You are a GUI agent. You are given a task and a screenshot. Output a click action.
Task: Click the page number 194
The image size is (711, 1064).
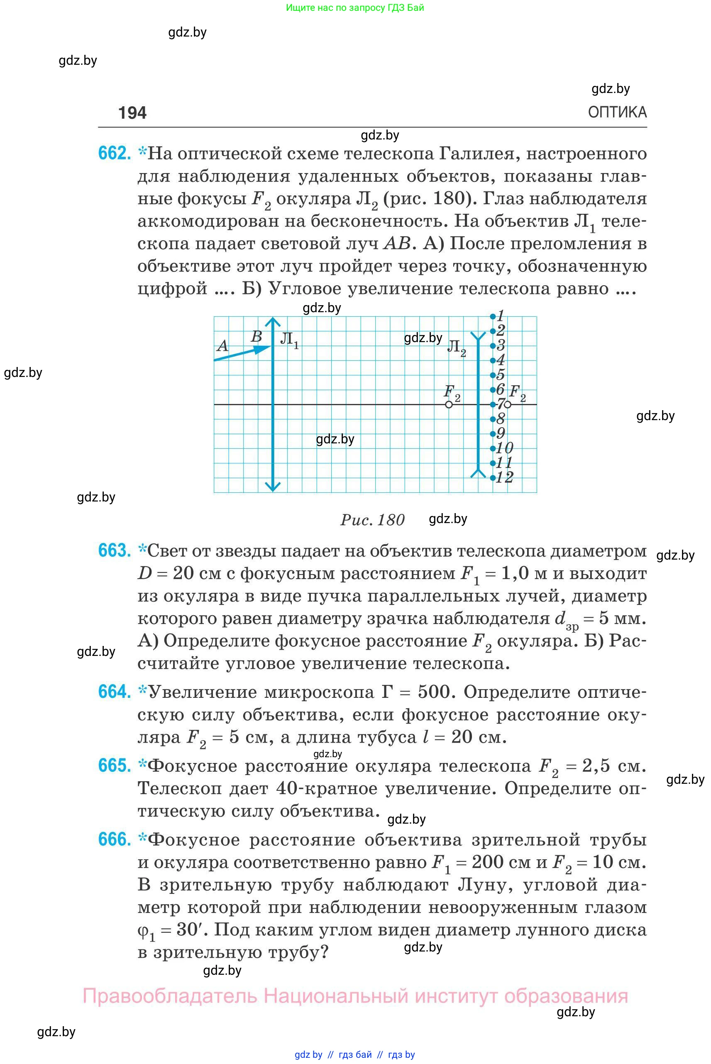(x=132, y=113)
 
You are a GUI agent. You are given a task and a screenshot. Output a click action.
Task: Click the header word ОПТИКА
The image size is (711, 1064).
(x=617, y=112)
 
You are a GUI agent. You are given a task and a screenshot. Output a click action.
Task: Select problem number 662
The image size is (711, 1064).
(x=114, y=153)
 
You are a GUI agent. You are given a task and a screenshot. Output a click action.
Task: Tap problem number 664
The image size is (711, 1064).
(x=114, y=692)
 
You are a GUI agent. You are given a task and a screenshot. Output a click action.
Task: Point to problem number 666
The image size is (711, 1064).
(x=114, y=839)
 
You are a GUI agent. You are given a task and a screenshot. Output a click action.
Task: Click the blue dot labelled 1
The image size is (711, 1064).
(x=493, y=317)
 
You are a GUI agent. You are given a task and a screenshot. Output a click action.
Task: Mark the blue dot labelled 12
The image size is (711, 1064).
(x=493, y=477)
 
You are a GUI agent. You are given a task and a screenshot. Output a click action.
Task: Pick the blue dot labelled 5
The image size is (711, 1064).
(x=493, y=375)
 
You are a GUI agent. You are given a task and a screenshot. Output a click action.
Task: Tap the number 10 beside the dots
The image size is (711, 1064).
(x=505, y=448)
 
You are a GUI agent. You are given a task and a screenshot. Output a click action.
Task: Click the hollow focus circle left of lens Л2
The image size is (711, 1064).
(x=449, y=405)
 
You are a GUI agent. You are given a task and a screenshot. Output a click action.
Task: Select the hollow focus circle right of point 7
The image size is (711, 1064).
(x=508, y=405)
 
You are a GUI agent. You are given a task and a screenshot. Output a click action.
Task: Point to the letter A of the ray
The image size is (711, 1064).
(x=222, y=346)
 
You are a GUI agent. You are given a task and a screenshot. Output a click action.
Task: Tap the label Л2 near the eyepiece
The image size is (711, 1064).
(x=456, y=347)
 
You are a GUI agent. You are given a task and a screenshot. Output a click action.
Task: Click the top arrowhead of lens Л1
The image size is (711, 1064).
(x=273, y=322)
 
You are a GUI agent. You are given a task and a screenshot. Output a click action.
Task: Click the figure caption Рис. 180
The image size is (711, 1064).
(x=372, y=520)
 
